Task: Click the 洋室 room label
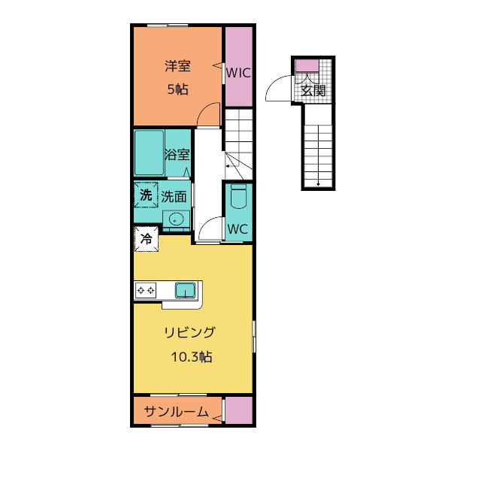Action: (177, 66)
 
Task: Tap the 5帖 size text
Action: (177, 89)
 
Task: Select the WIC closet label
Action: (238, 73)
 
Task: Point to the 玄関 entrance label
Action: (313, 91)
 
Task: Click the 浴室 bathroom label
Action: (177, 154)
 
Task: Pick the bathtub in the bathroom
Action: (149, 153)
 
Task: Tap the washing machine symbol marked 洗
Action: (146, 195)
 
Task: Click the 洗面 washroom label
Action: (174, 197)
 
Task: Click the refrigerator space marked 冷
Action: (147, 239)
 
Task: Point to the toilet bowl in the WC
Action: (238, 196)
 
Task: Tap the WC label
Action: (237, 228)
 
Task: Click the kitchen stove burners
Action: (146, 290)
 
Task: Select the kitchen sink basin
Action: (186, 290)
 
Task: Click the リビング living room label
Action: (190, 332)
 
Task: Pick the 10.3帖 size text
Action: (192, 357)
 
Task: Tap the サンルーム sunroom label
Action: (176, 412)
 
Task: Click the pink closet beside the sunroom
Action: (239, 410)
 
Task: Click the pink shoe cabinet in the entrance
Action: (307, 66)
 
